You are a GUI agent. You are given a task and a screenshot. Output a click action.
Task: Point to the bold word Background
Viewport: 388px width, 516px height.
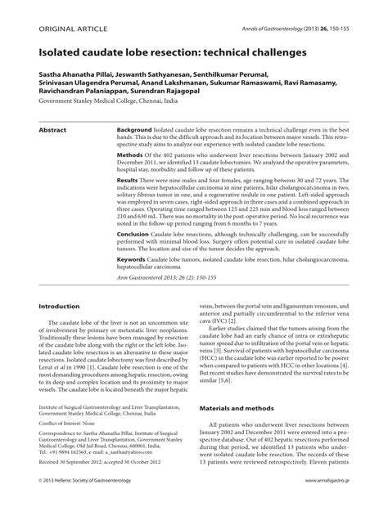[x=134, y=131]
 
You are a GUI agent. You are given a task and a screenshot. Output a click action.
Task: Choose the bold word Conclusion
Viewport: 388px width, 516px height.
[x=134, y=233]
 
